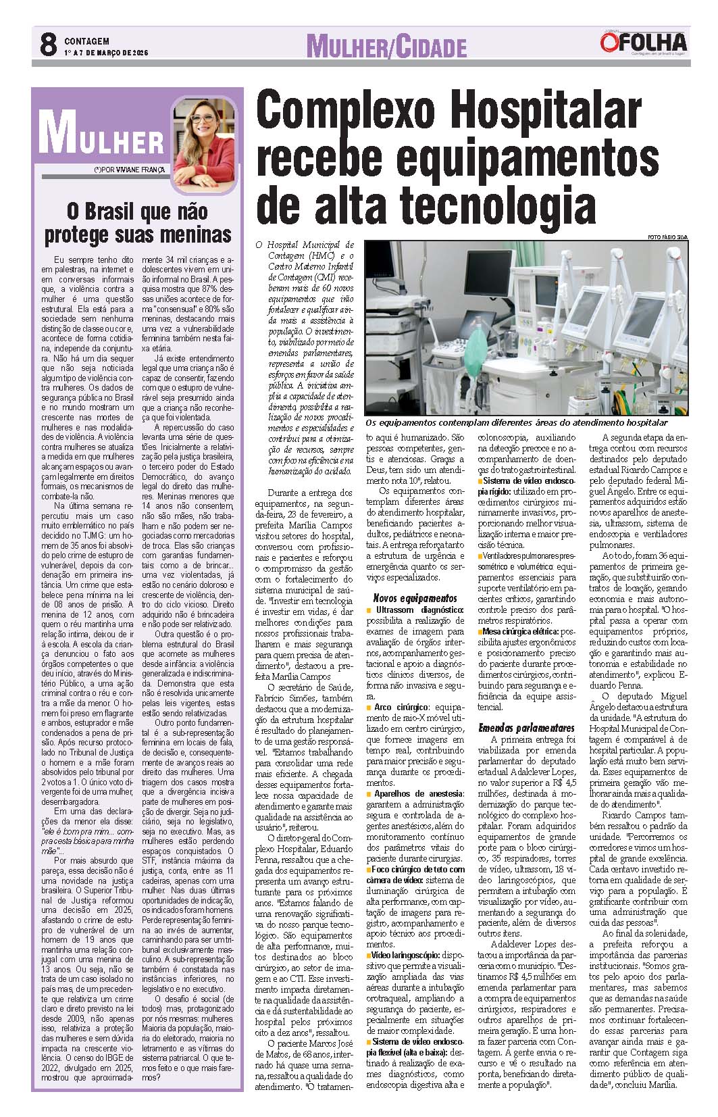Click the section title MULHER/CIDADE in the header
click(x=386, y=47)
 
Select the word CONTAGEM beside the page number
click(x=86, y=41)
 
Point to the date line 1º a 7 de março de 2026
click(x=106, y=53)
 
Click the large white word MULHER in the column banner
click(x=101, y=134)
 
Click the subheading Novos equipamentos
click(x=415, y=598)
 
